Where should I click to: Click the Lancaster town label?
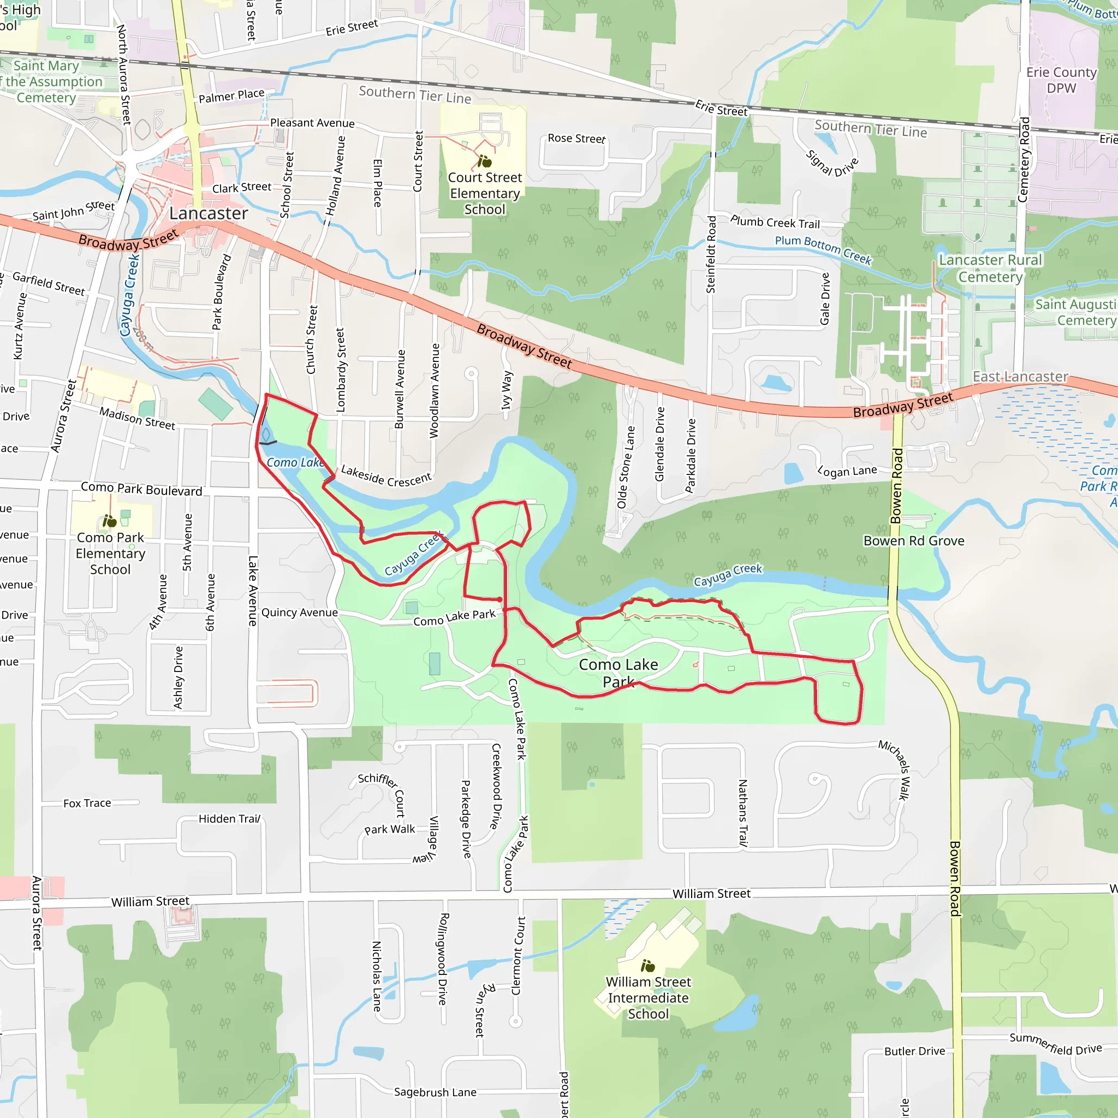pyautogui.click(x=209, y=213)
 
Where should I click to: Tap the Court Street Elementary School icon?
pyautogui.click(x=484, y=161)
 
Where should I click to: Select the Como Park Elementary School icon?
pyautogui.click(x=109, y=521)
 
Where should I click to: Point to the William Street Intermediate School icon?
pyautogui.click(x=647, y=966)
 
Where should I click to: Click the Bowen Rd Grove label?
pyautogui.click(x=914, y=541)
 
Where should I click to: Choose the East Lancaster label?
pyautogui.click(x=1020, y=377)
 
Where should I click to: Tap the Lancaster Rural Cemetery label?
pyautogui.click(x=990, y=269)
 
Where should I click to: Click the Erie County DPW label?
pyautogui.click(x=1061, y=80)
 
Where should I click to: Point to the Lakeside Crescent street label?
pyautogui.click(x=386, y=475)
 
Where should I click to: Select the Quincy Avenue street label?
pyautogui.click(x=299, y=612)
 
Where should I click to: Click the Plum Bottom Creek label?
pyautogui.click(x=823, y=249)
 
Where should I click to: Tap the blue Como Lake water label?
pyautogui.click(x=295, y=462)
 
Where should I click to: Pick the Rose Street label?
pyautogui.click(x=576, y=138)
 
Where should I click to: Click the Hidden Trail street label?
pyautogui.click(x=230, y=819)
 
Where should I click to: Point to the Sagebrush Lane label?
pyautogui.click(x=435, y=1092)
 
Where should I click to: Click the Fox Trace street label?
pyautogui.click(x=87, y=803)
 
